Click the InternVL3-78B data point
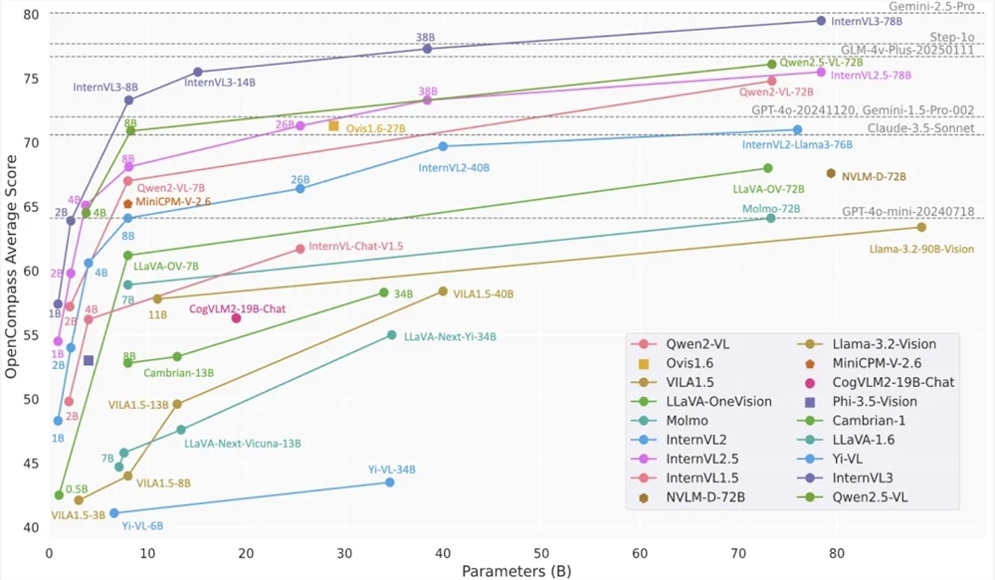click(821, 21)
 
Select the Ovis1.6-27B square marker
click(334, 125)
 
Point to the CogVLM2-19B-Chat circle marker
click(237, 318)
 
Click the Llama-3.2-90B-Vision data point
click(921, 228)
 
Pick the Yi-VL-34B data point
click(389, 483)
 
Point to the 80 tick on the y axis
click(31, 14)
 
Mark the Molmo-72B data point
click(770, 218)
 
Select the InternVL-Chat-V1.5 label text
click(355, 246)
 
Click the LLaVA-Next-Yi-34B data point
click(392, 335)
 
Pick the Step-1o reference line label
click(951, 35)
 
